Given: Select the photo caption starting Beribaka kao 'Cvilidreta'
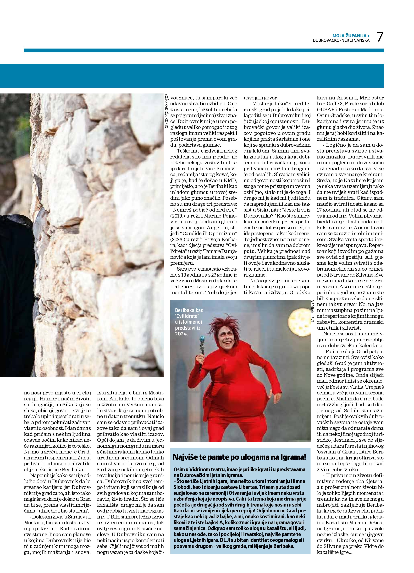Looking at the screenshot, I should coord(189,322).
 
